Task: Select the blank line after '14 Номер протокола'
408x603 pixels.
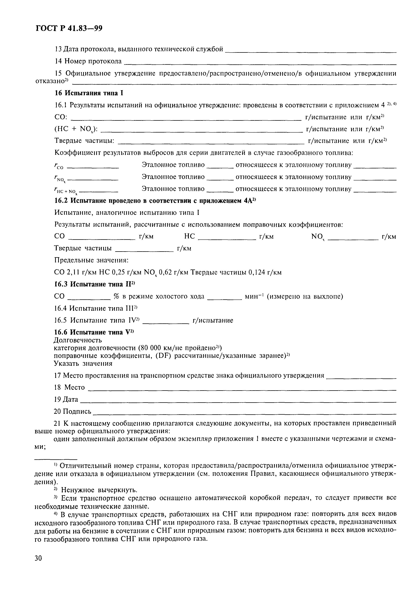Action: pyautogui.click(x=260, y=64)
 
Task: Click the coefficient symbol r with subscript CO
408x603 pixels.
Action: pyautogui.click(x=59, y=166)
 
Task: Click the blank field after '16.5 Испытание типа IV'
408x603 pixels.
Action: pyautogui.click(x=166, y=323)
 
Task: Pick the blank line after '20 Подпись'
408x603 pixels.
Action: pyautogui.click(x=244, y=414)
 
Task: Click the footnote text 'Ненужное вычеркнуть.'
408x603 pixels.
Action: pyautogui.click(x=99, y=490)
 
